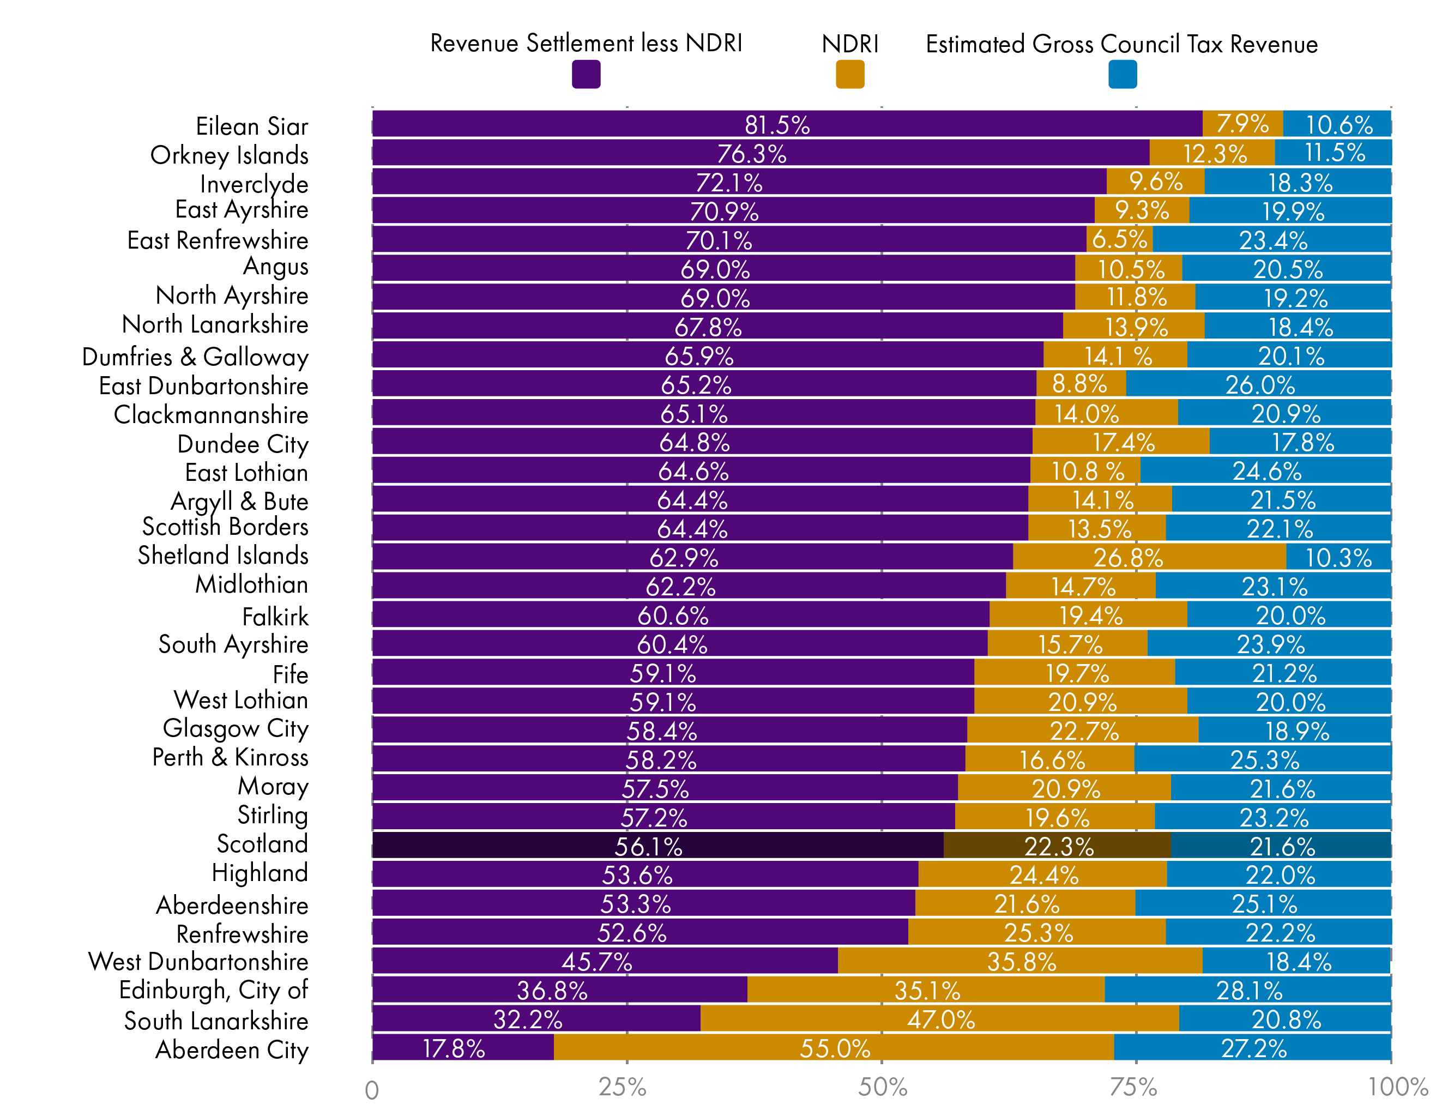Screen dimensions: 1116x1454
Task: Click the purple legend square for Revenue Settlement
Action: point(586,74)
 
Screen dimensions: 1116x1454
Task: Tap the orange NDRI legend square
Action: point(849,74)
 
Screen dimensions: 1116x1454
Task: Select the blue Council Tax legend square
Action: point(1122,74)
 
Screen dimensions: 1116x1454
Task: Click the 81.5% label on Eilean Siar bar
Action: point(776,125)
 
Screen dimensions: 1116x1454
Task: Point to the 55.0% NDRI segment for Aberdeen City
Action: point(834,1047)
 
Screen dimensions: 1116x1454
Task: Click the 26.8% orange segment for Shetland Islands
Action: point(1149,557)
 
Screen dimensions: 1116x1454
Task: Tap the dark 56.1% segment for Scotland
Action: point(657,846)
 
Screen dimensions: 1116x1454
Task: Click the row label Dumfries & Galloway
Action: point(195,357)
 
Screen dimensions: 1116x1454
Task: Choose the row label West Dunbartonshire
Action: point(198,961)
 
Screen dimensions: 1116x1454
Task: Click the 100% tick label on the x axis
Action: point(1397,1087)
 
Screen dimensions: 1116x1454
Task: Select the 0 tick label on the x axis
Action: point(372,1089)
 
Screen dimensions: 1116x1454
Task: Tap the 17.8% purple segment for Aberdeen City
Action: point(462,1047)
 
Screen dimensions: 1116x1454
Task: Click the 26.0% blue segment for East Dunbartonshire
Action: point(1258,384)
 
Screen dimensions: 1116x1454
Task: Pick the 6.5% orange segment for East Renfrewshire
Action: point(1119,239)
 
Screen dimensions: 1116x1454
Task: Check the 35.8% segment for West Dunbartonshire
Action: point(1019,961)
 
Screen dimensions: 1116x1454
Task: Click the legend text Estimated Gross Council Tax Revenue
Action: point(1121,44)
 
